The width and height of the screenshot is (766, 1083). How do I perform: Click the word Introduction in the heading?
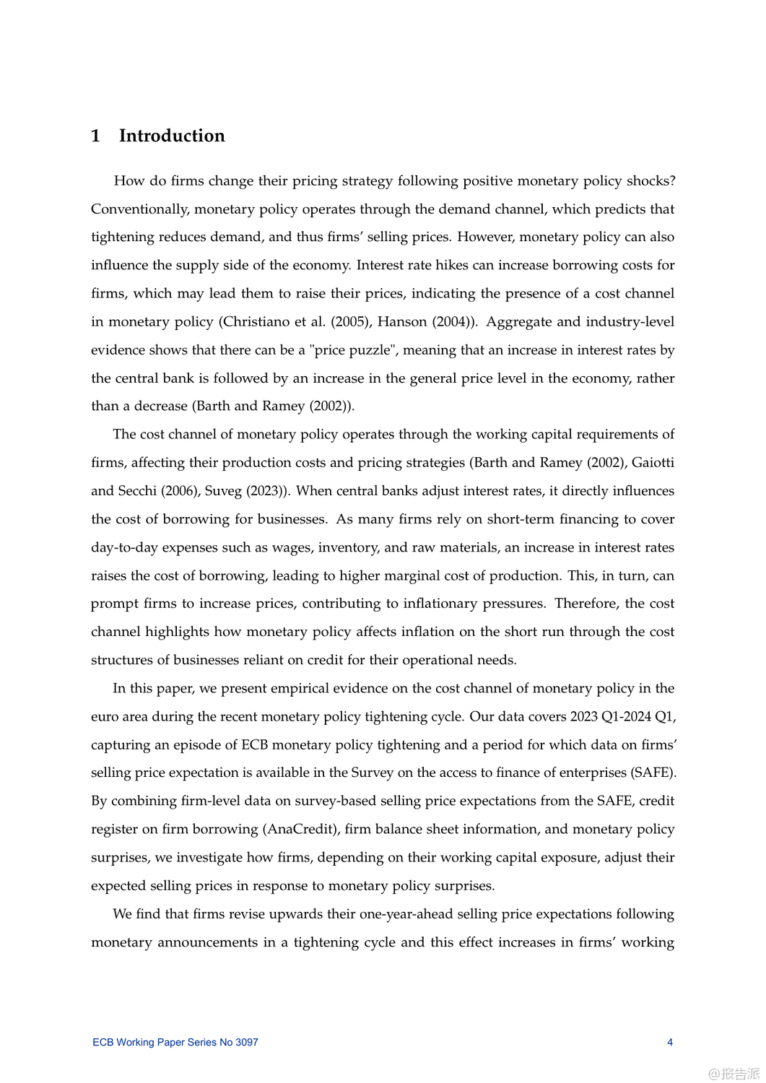point(172,136)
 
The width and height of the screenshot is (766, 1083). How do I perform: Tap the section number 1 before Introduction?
point(95,136)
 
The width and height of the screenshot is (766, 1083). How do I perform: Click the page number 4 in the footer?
point(670,1042)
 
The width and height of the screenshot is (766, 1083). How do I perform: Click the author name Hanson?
point(402,322)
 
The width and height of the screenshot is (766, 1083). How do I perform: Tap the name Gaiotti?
point(653,463)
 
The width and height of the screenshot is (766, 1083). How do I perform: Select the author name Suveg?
point(223,491)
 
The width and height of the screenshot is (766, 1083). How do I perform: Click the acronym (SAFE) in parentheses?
point(653,773)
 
